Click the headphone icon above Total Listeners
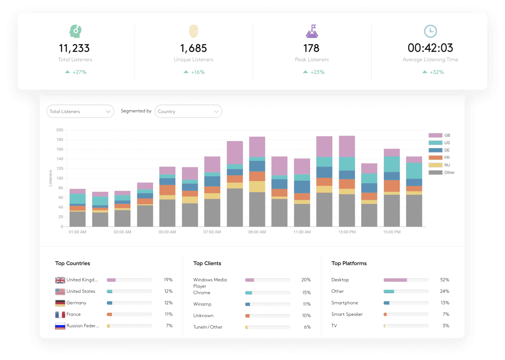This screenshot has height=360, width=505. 75,31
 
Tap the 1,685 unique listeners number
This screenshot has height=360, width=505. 193,48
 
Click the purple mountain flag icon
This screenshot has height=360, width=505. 312,32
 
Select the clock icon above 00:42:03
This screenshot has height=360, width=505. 430,31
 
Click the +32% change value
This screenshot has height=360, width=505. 437,72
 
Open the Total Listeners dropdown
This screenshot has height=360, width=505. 80,111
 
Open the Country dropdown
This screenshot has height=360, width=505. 188,111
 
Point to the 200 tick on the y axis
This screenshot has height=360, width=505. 59,130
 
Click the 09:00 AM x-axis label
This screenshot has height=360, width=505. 257,232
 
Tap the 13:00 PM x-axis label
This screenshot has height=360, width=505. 347,232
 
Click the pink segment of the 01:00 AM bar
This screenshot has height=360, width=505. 77,191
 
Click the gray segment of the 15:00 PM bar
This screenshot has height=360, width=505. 392,210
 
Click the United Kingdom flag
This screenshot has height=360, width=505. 60,280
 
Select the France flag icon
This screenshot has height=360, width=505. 60,314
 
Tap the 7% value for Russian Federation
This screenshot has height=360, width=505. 169,326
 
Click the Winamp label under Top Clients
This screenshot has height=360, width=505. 202,304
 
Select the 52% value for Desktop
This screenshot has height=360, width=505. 444,280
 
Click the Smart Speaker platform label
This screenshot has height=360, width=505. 347,314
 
